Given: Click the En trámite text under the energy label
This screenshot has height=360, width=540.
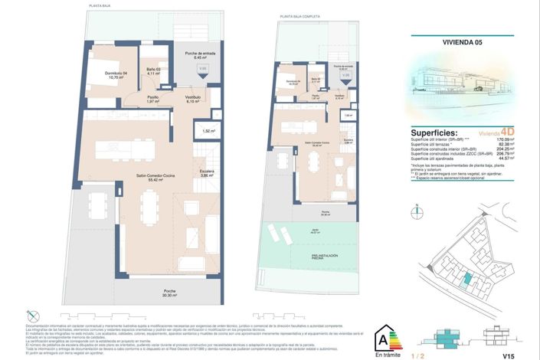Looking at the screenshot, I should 387,355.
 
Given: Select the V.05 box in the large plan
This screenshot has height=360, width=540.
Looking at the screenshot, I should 202,70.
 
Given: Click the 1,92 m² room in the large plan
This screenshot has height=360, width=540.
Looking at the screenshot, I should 208,131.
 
